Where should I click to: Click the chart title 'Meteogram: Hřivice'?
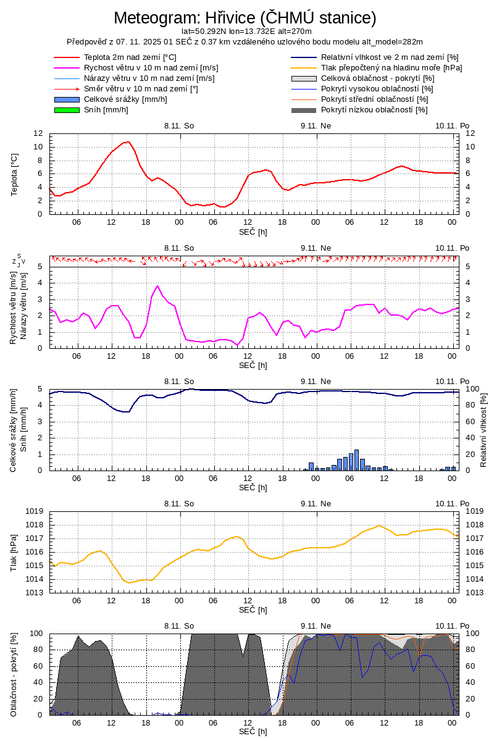(245, 18)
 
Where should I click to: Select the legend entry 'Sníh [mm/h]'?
(106, 110)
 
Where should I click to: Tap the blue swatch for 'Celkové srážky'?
(67, 99)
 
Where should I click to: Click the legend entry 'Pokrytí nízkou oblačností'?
(374, 110)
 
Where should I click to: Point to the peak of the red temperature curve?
(128, 142)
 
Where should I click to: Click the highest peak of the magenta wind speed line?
(157, 286)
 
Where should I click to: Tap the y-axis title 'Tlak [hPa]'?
(14, 552)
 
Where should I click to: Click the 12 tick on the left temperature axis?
(38, 133)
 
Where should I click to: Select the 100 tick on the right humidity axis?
(472, 389)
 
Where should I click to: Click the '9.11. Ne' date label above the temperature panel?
(316, 125)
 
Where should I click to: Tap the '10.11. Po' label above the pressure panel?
(452, 504)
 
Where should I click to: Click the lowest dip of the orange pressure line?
(128, 582)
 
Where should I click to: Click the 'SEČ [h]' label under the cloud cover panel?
(253, 732)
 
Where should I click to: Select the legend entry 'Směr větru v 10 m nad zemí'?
(141, 89)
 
